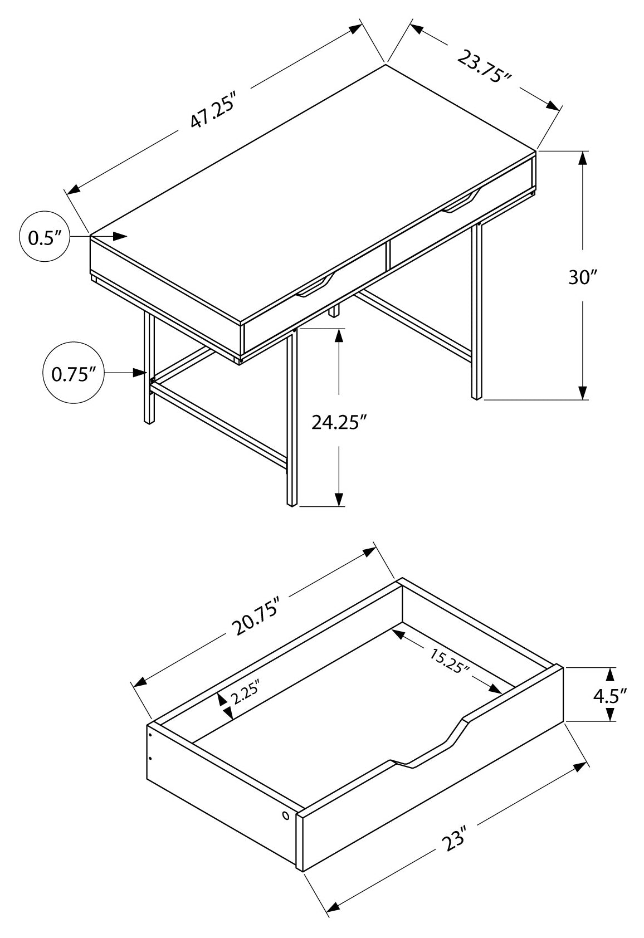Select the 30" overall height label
(x=583, y=277)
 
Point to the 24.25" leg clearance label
(x=339, y=422)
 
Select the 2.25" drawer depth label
(x=246, y=694)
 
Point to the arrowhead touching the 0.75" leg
(x=139, y=372)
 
